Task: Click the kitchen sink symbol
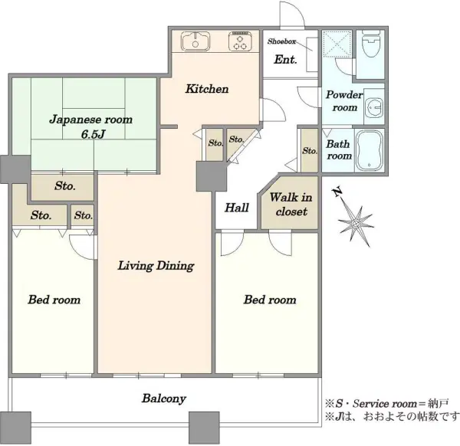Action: pos(195,41)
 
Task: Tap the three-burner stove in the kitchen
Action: pos(241,41)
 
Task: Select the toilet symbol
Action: pos(371,44)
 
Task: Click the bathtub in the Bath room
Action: pos(369,150)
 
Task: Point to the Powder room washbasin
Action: pos(374,107)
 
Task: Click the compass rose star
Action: pos(356,225)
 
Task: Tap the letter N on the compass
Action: pos(337,192)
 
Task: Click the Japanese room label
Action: pos(90,120)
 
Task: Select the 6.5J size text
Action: pos(93,135)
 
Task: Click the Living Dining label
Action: pos(156,266)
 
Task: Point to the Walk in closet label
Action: pos(291,204)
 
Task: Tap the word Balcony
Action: pos(164,398)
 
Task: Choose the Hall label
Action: pos(237,208)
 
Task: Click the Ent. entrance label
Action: pos(285,60)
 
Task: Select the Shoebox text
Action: pos(281,41)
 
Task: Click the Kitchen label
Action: pos(207,89)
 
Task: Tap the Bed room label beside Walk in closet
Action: pos(270,300)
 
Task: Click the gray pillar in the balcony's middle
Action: pos(204,428)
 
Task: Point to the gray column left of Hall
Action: pos(212,176)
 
